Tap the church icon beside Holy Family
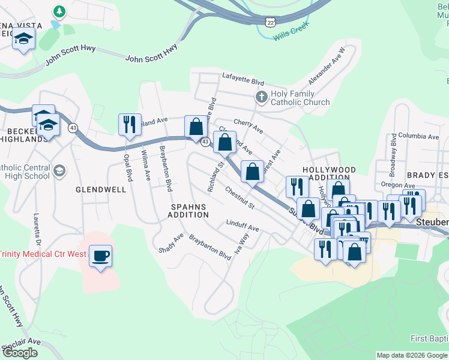[261, 97]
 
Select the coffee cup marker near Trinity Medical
[100, 256]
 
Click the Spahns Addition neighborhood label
[188, 211]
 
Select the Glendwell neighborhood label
[101, 190]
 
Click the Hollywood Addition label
[329, 174]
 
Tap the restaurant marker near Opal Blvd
[130, 125]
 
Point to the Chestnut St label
[240, 198]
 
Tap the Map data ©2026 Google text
[412, 355]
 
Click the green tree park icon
[59, 11]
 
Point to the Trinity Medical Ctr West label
[43, 254]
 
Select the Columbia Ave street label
[419, 136]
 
